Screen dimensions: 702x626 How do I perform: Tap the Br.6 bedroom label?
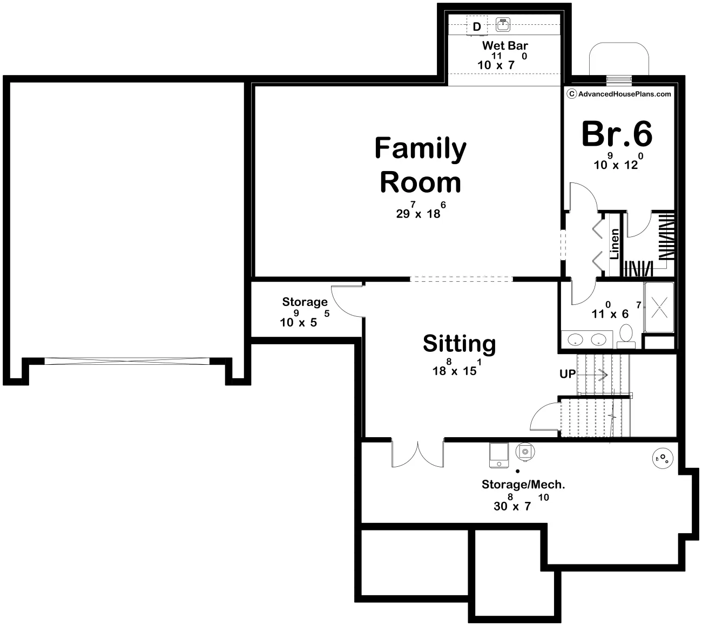coord(617,134)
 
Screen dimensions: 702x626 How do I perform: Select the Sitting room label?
coord(460,344)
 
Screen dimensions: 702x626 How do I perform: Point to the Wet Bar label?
coord(505,45)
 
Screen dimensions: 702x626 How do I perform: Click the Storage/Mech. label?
coord(523,485)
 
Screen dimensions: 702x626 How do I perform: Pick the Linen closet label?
coord(615,244)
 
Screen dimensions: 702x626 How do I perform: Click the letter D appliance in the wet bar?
coord(477,26)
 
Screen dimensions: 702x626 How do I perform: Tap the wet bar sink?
coord(503,25)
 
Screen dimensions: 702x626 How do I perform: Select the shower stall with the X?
coord(659,308)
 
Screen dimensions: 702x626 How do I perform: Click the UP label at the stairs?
coord(568,374)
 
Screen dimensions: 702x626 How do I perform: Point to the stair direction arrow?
coord(592,375)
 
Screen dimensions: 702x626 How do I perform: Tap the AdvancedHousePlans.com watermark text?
coord(619,94)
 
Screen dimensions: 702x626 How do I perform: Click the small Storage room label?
coord(305,302)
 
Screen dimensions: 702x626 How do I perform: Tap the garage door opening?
coord(127,361)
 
